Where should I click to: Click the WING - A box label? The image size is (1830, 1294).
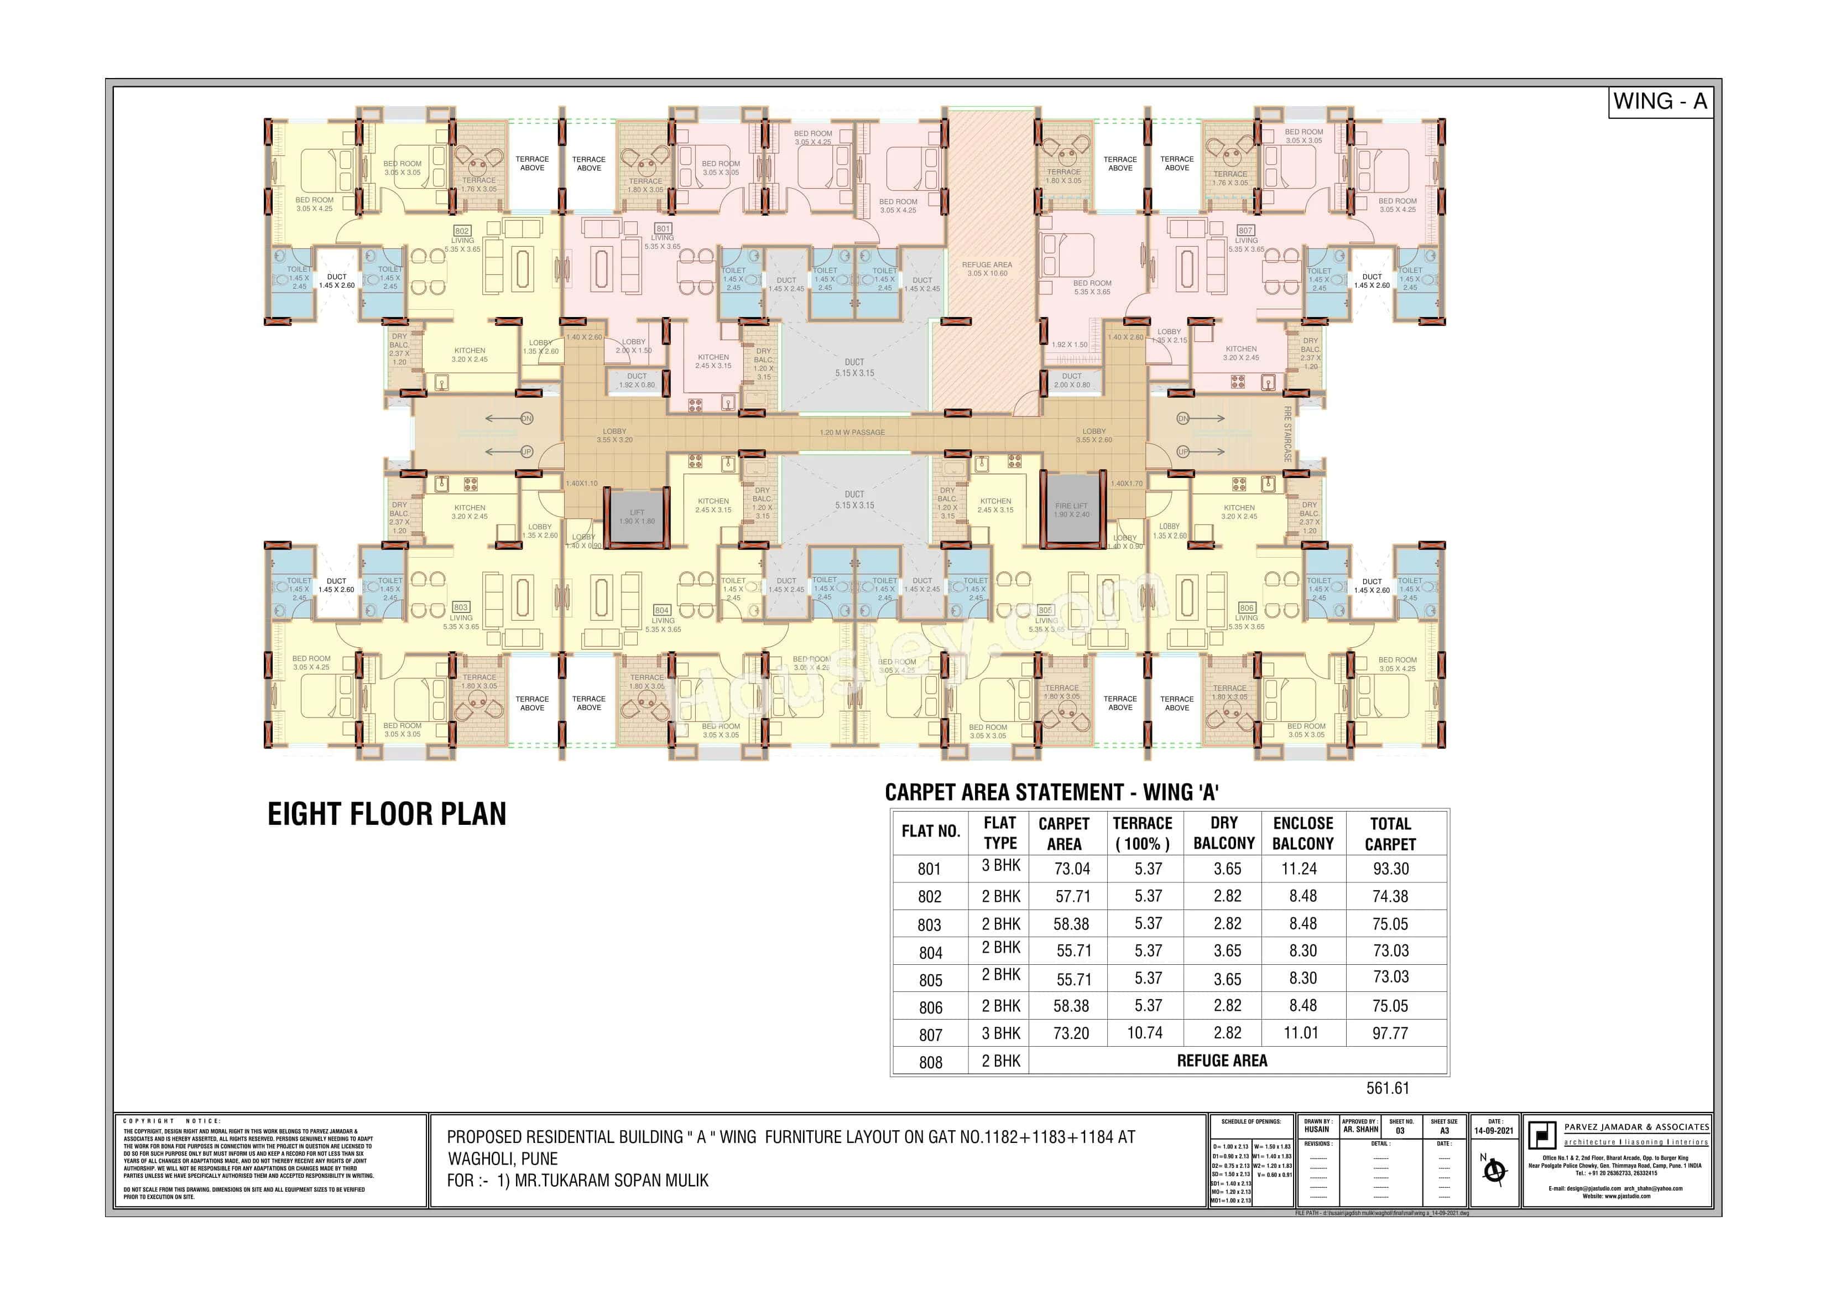point(1660,102)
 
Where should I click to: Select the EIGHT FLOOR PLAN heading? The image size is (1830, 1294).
point(387,814)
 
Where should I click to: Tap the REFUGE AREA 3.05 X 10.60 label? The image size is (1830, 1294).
point(987,269)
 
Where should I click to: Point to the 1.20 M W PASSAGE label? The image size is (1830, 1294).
point(852,432)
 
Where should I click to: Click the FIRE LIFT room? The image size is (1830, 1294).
point(1071,510)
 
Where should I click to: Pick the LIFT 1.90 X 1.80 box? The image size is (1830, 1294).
point(637,517)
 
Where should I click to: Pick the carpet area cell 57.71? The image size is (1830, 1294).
point(1073,896)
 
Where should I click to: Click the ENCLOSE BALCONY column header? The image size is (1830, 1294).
point(1303,833)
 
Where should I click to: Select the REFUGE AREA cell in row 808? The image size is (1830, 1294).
point(1222,1061)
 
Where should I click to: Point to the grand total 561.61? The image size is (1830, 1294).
point(1388,1088)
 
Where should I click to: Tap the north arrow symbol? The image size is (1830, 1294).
point(1494,1171)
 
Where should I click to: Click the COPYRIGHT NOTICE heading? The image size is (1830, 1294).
point(172,1121)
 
